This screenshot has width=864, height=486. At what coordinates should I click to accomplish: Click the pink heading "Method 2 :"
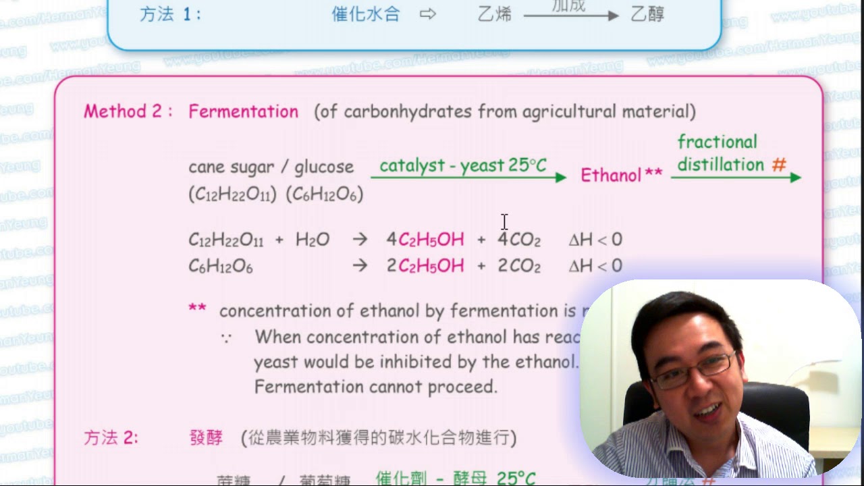[124, 111]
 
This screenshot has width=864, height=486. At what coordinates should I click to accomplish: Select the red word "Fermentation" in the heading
[243, 111]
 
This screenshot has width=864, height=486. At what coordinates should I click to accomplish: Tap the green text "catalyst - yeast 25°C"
[463, 166]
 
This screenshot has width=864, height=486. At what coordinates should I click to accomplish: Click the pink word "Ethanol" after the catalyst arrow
[611, 175]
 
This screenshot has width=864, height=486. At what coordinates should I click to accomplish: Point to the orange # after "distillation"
[779, 165]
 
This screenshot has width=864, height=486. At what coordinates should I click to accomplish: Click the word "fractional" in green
[718, 142]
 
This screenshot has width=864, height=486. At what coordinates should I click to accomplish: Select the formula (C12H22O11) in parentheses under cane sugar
[232, 194]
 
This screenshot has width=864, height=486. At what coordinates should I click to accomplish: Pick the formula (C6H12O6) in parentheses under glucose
[325, 194]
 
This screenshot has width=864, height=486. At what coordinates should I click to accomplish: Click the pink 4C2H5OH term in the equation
[425, 240]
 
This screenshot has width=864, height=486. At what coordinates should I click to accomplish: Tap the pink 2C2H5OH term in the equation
[425, 266]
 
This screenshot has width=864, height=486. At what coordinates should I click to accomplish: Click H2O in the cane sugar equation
[312, 240]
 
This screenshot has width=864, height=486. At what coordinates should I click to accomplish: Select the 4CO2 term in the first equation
[519, 240]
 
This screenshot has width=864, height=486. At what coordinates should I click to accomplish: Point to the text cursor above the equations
[504, 221]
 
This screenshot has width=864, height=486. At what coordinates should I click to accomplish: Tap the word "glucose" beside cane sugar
[324, 167]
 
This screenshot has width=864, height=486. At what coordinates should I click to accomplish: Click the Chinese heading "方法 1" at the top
[169, 14]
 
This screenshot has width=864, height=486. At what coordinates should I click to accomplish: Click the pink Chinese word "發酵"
[206, 437]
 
